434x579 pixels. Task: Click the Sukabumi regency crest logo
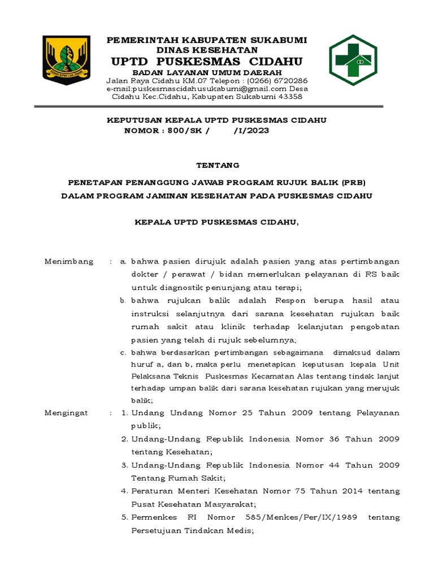point(66,61)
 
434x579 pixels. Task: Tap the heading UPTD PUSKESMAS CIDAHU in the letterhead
point(207,61)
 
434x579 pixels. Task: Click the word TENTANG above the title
point(218,165)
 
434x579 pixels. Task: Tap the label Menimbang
point(69,262)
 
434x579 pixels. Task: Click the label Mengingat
point(66,413)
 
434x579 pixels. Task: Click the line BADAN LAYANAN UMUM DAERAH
point(207,73)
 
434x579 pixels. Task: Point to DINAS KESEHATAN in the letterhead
point(207,50)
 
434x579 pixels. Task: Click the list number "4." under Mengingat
point(124,491)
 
